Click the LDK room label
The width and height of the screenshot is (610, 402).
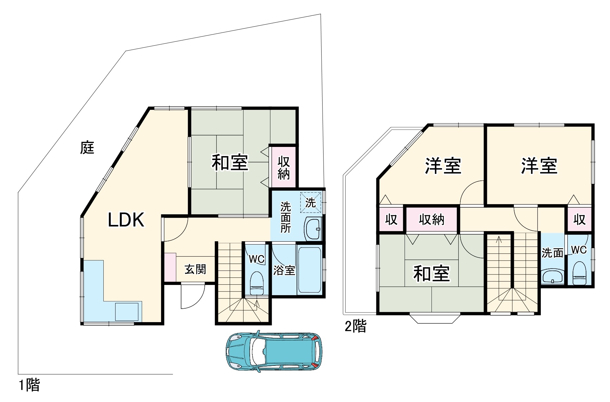pyautogui.click(x=126, y=220)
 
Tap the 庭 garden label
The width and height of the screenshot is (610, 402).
pyautogui.click(x=87, y=148)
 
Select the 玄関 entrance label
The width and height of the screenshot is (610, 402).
pyautogui.click(x=195, y=269)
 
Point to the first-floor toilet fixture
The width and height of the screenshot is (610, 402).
pyautogui.click(x=257, y=283)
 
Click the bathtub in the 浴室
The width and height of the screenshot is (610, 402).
pyautogui.click(x=309, y=270)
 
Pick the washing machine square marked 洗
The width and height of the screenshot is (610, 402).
pyautogui.click(x=310, y=202)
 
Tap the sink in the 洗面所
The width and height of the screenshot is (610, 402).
pyautogui.click(x=313, y=229)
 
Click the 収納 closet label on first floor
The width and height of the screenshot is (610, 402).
pyautogui.click(x=284, y=168)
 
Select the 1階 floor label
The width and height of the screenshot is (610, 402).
pyautogui.click(x=30, y=385)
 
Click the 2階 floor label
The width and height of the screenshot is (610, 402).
pyautogui.click(x=355, y=326)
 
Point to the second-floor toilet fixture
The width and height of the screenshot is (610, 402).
pyautogui.click(x=579, y=273)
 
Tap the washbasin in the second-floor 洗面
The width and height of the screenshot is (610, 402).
pyautogui.click(x=553, y=275)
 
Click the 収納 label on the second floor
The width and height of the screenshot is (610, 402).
pyautogui.click(x=431, y=219)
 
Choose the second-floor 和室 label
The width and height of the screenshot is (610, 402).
pyautogui.click(x=431, y=273)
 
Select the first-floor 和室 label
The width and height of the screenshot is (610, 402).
pyautogui.click(x=230, y=162)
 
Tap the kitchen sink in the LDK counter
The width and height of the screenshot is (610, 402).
pyautogui.click(x=127, y=311)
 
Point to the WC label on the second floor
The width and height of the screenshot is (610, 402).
pyautogui.click(x=579, y=250)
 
